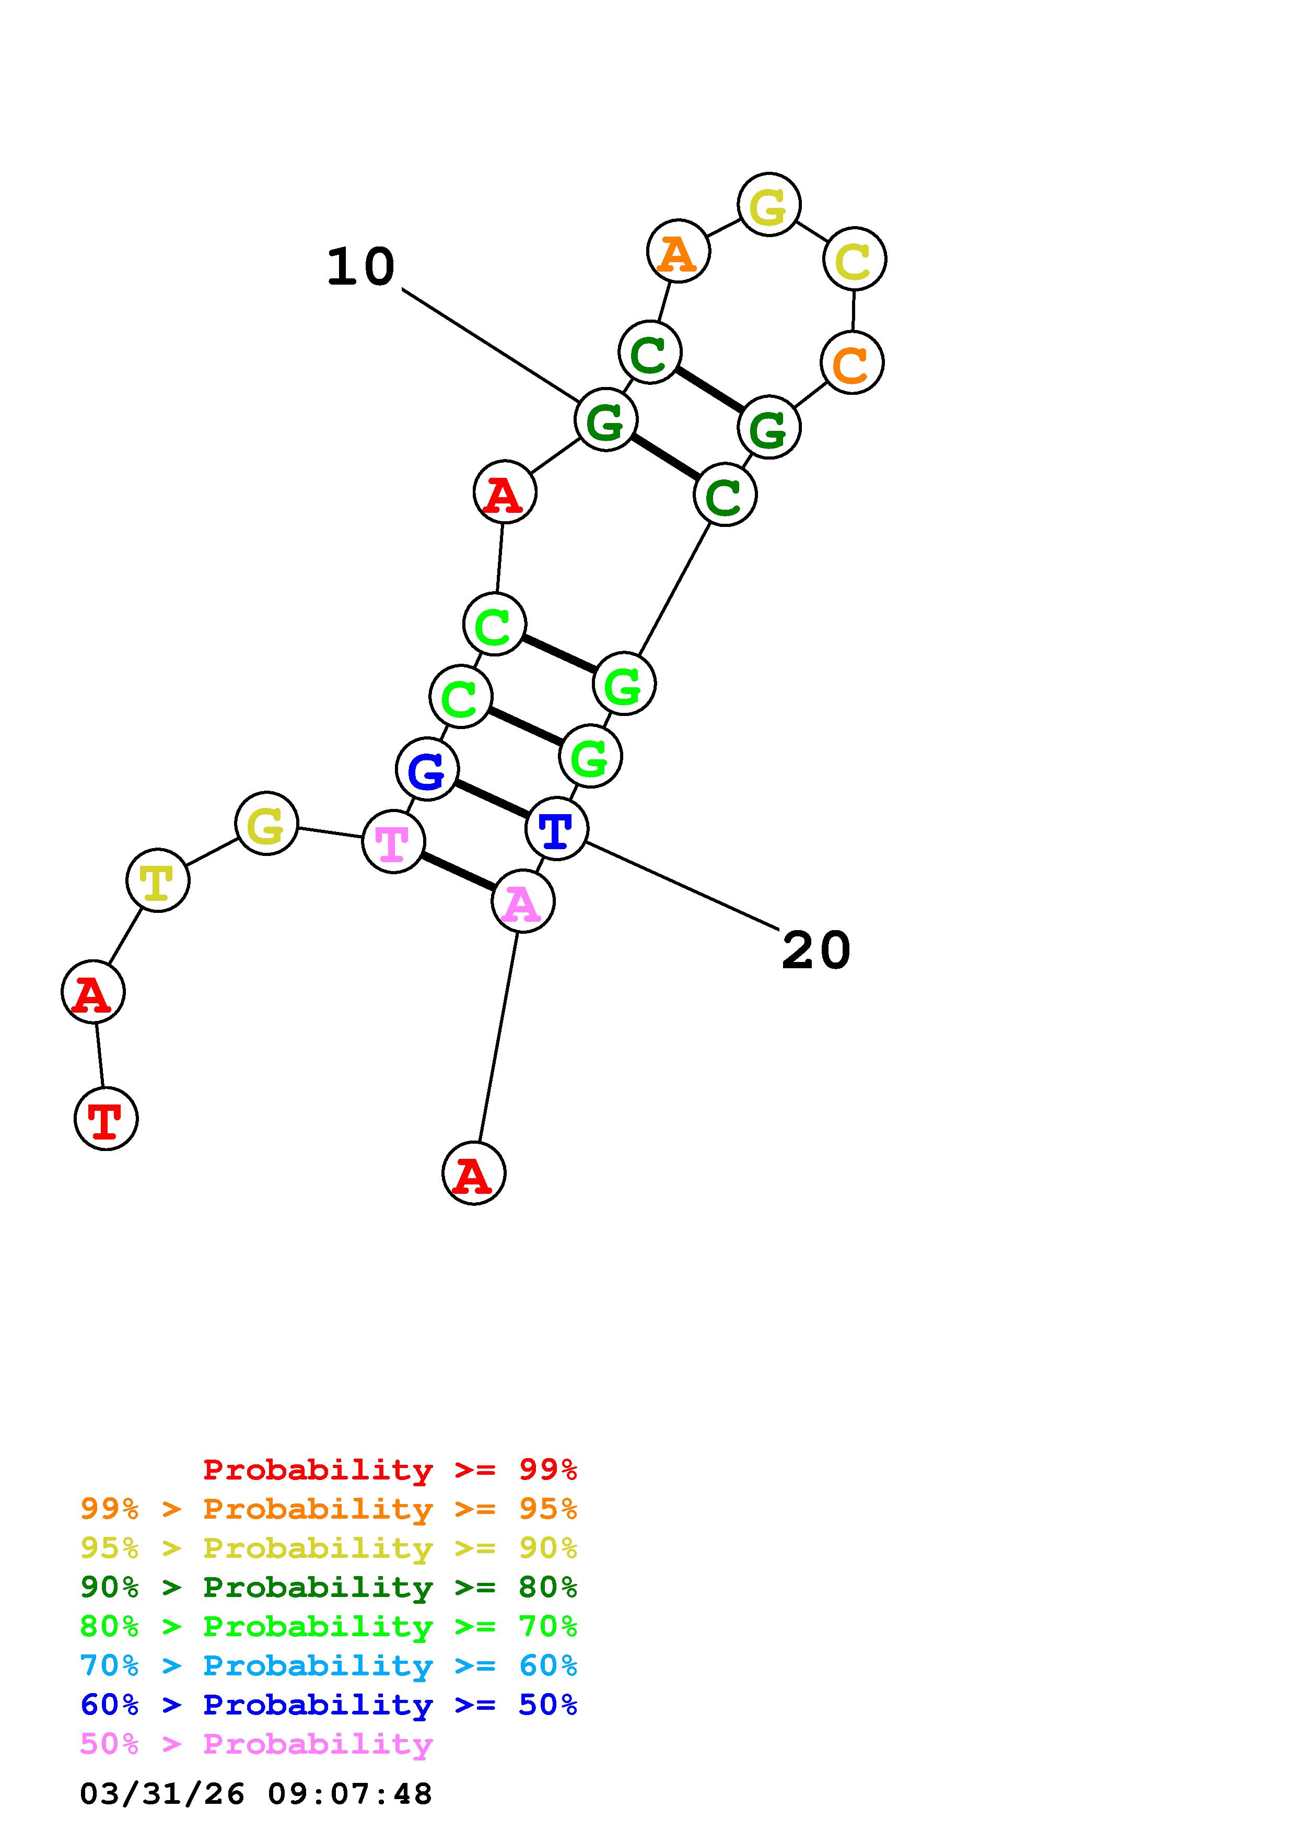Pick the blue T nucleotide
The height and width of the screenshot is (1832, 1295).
pos(556,829)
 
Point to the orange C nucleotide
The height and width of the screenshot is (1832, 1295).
pos(851,362)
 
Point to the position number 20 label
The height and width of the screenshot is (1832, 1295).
pos(815,950)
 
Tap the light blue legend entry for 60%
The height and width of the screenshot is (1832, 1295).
pos(328,1665)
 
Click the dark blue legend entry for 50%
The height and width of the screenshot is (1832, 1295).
pos(328,1705)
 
